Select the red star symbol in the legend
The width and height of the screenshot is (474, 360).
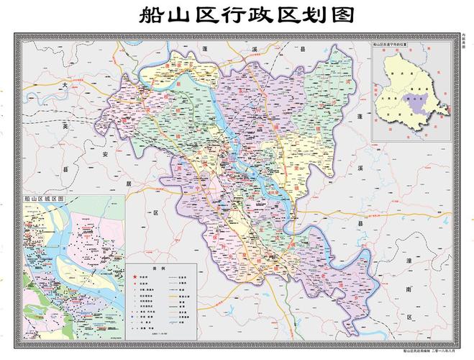coord(134,276)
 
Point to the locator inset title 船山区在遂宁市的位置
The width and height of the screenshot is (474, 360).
coord(394,45)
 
